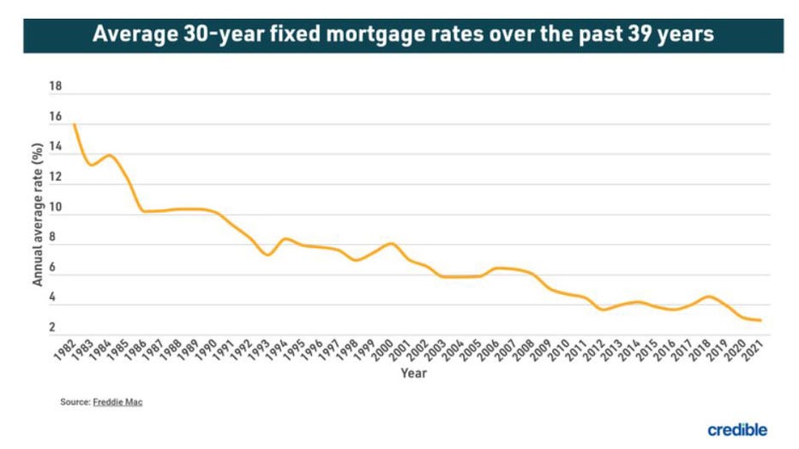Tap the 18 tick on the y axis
click(x=57, y=87)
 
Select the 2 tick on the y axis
click(x=52, y=327)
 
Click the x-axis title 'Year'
click(x=413, y=374)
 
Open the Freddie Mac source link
click(x=119, y=403)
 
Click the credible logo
click(x=737, y=429)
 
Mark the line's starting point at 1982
click(x=75, y=125)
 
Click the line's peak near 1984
click(x=110, y=155)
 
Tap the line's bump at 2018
click(x=708, y=296)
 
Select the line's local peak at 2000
click(x=392, y=243)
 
